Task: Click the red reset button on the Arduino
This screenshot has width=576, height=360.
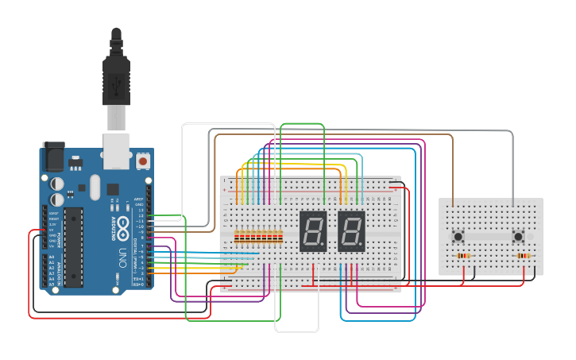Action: click(143, 161)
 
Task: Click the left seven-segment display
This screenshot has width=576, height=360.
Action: click(313, 231)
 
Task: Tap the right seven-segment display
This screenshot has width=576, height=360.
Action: click(351, 231)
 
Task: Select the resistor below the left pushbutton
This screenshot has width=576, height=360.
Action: click(464, 256)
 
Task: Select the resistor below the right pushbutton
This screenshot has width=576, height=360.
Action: click(524, 256)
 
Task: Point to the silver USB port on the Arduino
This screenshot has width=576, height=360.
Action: click(116, 150)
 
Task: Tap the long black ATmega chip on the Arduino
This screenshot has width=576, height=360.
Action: click(73, 246)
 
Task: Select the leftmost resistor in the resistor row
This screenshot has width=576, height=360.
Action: click(238, 236)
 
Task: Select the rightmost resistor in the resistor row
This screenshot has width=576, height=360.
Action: click(281, 236)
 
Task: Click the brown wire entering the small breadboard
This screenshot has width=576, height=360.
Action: click(453, 183)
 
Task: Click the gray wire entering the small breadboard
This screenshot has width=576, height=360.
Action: click(512, 183)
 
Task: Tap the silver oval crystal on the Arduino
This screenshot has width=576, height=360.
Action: click(95, 188)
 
